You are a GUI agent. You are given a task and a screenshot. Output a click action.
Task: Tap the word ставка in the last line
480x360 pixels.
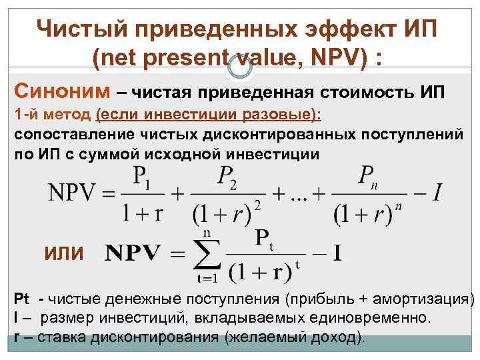point(59,336)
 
